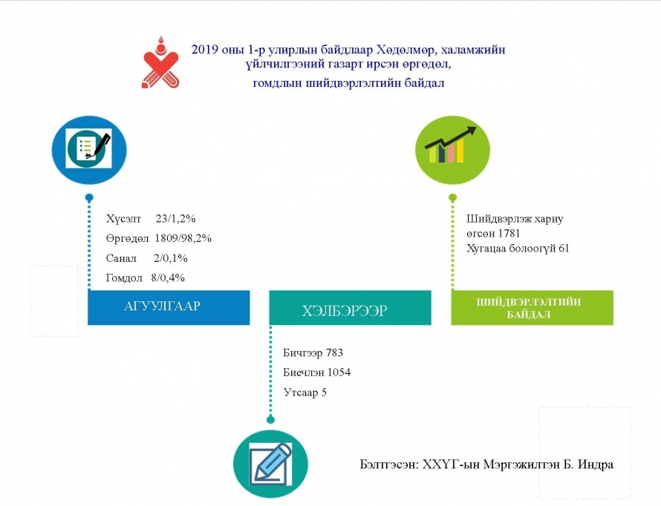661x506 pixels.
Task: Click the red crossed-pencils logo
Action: click(x=160, y=63)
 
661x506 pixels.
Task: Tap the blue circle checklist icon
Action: click(x=89, y=149)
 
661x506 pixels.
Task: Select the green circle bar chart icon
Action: click(x=452, y=149)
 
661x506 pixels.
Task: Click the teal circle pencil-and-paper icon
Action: click(x=270, y=464)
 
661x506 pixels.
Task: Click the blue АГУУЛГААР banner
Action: click(x=169, y=307)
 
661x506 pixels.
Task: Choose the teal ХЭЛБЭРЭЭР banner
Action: click(x=350, y=308)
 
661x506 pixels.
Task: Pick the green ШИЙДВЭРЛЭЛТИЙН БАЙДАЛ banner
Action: click(x=532, y=308)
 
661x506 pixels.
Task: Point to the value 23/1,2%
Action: click(x=175, y=218)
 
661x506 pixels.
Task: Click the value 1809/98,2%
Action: click(x=183, y=238)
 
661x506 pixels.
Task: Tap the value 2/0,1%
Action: click(x=170, y=258)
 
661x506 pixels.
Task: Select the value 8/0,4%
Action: click(x=168, y=277)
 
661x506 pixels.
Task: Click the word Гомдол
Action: click(x=124, y=277)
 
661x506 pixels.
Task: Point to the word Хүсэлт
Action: click(x=123, y=219)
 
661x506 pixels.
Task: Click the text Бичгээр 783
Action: click(x=313, y=352)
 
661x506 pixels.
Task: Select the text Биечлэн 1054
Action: click(x=316, y=372)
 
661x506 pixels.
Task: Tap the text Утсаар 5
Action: click(x=305, y=392)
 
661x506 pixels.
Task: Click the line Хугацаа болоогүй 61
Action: click(x=518, y=249)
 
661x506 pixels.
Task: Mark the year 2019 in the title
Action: click(x=205, y=50)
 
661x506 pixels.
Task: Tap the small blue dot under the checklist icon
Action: click(x=89, y=197)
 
